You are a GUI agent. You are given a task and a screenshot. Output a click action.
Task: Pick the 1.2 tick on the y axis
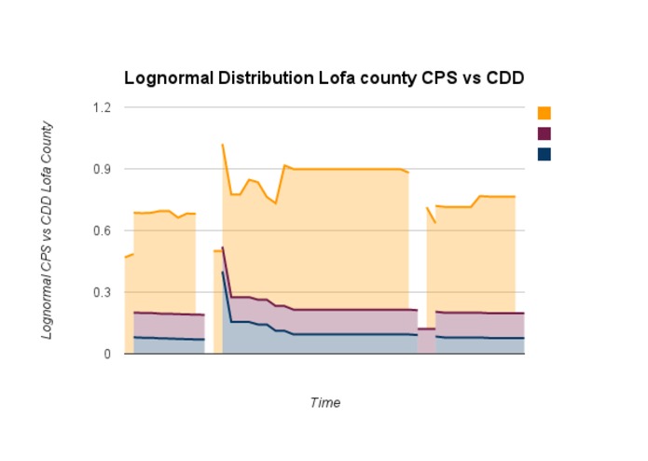tap(101, 107)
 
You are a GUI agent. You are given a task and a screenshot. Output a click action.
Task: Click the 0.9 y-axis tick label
tap(101, 169)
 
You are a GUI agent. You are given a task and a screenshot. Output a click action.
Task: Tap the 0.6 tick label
tap(101, 230)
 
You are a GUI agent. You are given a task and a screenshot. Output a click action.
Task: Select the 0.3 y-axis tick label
tap(101, 292)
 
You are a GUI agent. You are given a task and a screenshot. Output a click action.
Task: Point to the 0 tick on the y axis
tap(106, 354)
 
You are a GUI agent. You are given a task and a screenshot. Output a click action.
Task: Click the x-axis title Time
tap(324, 403)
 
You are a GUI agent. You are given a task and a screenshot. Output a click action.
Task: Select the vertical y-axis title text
tap(46, 230)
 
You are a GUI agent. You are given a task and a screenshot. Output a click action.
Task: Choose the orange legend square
tap(545, 113)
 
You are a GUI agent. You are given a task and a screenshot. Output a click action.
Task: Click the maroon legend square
tap(545, 133)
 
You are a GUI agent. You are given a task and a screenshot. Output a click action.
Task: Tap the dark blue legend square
tap(545, 154)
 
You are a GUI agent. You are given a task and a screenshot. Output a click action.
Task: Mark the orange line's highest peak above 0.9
tap(223, 145)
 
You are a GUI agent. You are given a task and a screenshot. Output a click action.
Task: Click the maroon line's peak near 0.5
tap(223, 248)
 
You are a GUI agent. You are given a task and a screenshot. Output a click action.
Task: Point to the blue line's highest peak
tap(223, 272)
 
